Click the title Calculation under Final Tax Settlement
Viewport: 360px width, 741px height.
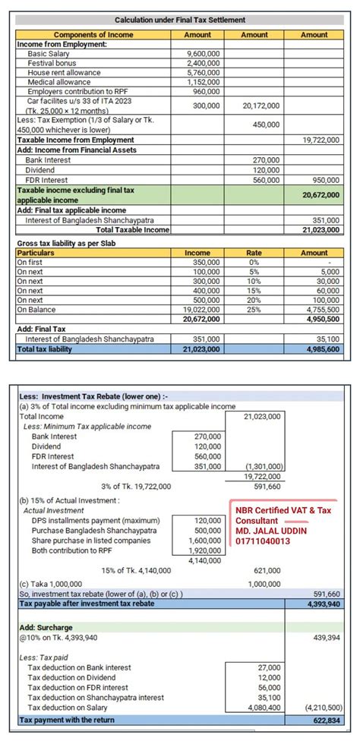[x=180, y=20]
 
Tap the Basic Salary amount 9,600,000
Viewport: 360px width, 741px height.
[x=203, y=54]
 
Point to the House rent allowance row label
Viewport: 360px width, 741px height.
[x=64, y=72]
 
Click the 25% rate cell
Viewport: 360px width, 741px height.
[x=254, y=310]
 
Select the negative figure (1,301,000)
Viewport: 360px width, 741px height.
[x=264, y=467]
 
